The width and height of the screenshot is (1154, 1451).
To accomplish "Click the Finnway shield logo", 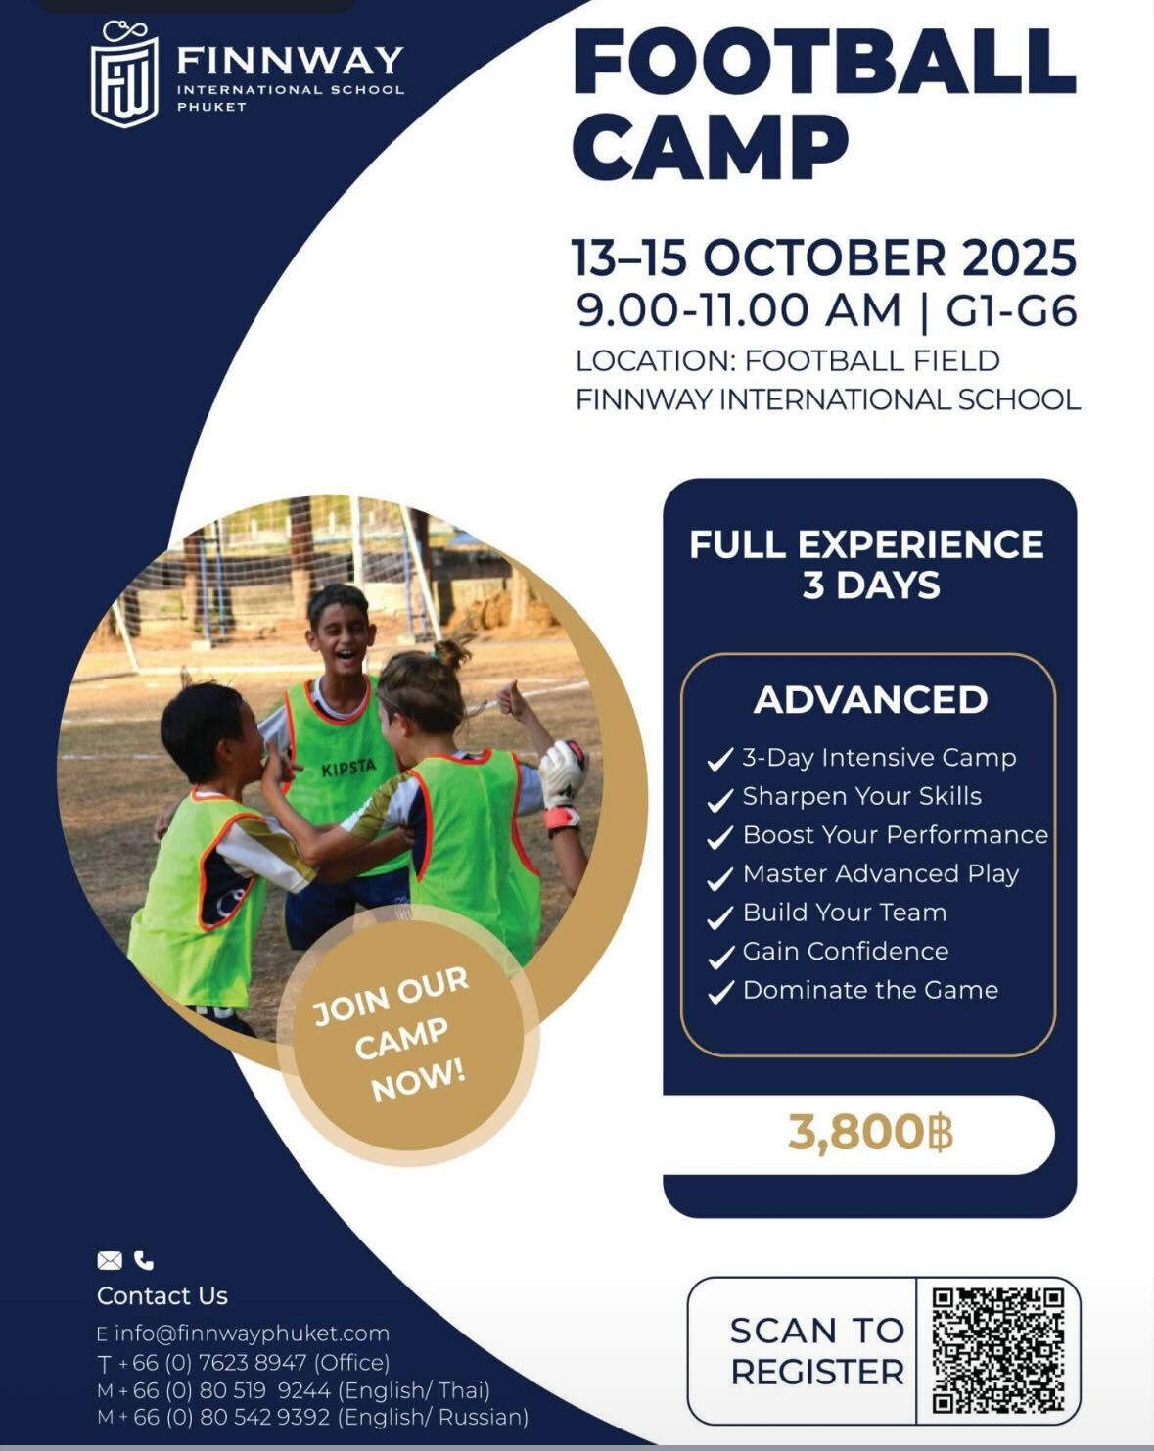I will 123,76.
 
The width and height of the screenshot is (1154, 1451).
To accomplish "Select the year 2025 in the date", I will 1018,257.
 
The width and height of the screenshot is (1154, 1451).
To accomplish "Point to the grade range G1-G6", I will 1011,311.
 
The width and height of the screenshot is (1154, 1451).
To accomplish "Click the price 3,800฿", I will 869,1133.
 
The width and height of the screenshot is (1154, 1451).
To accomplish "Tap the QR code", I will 997,1349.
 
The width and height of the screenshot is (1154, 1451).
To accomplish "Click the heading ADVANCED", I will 870,700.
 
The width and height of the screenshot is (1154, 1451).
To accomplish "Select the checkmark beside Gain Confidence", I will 720,954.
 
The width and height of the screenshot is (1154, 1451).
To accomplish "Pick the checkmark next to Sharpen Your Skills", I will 720,799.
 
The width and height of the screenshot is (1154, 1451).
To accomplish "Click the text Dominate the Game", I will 870,990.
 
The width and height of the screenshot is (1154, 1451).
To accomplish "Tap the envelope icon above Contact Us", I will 110,1260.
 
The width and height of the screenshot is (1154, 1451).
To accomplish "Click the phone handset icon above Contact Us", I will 144,1260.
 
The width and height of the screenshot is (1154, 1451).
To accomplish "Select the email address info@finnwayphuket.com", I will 252,1334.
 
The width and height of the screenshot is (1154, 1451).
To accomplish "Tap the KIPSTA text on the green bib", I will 347,769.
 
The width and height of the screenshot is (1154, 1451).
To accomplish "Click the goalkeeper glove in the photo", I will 563,773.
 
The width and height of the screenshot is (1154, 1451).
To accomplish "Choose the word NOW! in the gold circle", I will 418,1080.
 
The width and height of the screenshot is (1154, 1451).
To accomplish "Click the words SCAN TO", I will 816,1331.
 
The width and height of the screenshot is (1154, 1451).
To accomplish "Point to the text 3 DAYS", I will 870,585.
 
